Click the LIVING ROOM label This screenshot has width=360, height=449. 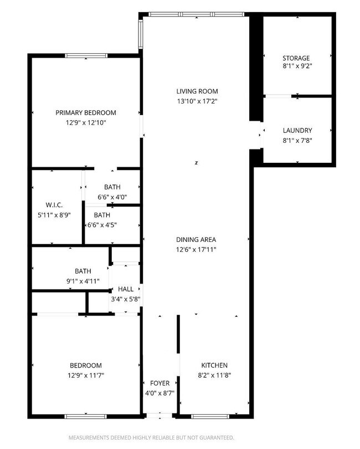pyautogui.click(x=197, y=91)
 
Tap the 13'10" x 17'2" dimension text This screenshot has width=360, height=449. pyautogui.click(x=197, y=101)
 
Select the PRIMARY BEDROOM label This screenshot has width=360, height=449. pyautogui.click(x=86, y=112)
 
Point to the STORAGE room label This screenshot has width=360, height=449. pyautogui.click(x=296, y=58)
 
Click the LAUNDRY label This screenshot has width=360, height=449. pyautogui.click(x=297, y=131)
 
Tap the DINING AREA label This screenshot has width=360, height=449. pyautogui.click(x=196, y=240)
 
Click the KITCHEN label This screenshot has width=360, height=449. pyautogui.click(x=214, y=365)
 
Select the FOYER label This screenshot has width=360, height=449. pyautogui.click(x=160, y=383)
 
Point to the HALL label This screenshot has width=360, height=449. pyautogui.click(x=126, y=289)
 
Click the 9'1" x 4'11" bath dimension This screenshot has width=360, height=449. pyautogui.click(x=83, y=281)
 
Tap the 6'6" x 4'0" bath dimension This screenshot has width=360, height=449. pyautogui.click(x=112, y=197)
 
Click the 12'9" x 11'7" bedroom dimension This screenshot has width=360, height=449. pyautogui.click(x=86, y=375)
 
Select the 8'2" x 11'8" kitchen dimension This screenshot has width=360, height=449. pyautogui.click(x=214, y=375)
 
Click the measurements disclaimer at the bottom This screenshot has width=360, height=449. pyautogui.click(x=151, y=437)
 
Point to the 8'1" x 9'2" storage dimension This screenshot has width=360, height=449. pyautogui.click(x=296, y=68)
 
